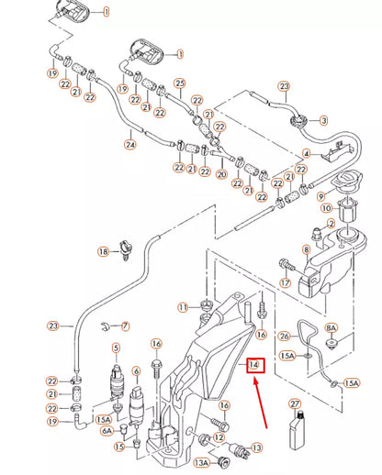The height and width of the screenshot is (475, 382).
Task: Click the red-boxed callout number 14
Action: click(255, 365)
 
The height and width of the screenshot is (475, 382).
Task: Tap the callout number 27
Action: click(295, 403)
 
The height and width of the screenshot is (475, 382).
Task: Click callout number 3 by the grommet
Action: click(323, 120)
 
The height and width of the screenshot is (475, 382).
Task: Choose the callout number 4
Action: click(307, 153)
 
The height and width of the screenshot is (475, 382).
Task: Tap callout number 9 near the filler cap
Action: click(320, 196)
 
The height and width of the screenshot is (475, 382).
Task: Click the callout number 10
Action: click(327, 208)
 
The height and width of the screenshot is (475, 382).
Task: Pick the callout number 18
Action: click(104, 251)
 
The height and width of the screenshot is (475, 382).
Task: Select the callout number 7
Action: click(125, 326)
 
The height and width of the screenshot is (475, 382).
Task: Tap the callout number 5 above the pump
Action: click(116, 348)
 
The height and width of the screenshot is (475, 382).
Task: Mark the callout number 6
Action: click(136, 371)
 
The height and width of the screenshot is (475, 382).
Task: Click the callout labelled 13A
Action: click(201, 463)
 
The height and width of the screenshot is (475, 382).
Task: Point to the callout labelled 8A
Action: click(331, 328)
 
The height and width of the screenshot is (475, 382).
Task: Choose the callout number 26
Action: click(285, 337)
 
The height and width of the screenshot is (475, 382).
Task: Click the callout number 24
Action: click(130, 144)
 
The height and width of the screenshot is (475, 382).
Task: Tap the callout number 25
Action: click(180, 83)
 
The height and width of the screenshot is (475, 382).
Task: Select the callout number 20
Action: click(221, 174)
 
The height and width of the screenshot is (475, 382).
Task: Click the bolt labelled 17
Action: click(287, 264)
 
